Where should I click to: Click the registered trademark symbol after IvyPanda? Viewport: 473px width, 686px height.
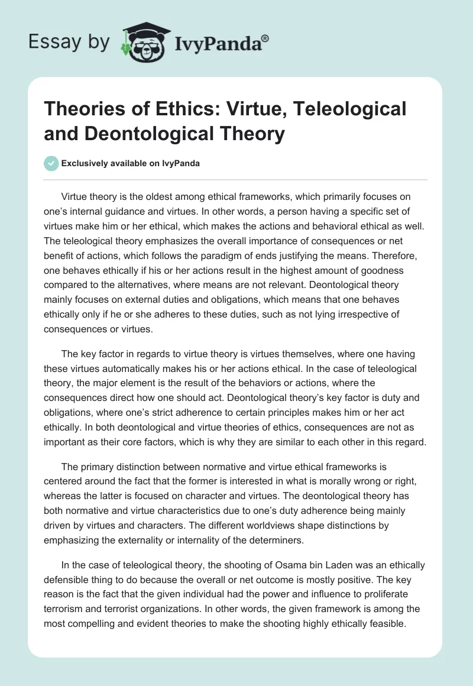[266, 37]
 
